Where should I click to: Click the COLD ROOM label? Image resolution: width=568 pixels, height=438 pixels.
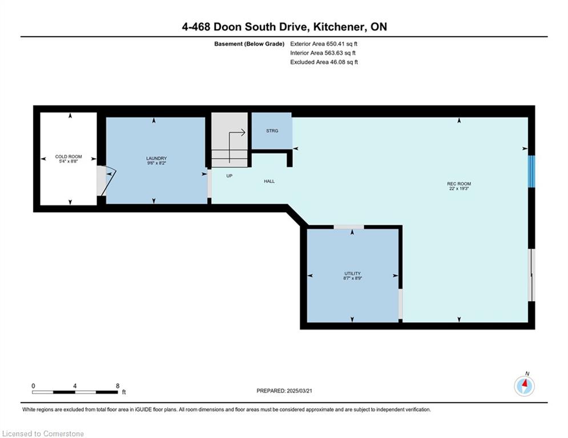coord(69,157)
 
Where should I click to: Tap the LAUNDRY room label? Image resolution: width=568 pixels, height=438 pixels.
coord(156,158)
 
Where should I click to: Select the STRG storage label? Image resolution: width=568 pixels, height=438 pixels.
coord(272,131)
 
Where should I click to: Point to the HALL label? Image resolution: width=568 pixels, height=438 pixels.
coord(269,181)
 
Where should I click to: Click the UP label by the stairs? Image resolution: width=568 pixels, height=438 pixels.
coord(229,176)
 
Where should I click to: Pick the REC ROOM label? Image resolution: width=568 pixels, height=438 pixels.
coord(459,184)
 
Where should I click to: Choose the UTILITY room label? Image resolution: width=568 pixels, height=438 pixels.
coord(352,273)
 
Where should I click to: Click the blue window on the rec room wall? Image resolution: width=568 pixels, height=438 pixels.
coord(531,172)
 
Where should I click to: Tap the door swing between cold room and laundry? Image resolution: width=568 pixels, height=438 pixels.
coord(108,181)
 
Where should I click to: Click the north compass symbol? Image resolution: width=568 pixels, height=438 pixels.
coord(525,385)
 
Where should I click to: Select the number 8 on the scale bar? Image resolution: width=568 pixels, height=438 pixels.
coord(118,386)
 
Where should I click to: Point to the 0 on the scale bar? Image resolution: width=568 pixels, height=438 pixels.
coord(33,386)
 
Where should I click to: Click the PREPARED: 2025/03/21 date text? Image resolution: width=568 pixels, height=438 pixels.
coord(284,391)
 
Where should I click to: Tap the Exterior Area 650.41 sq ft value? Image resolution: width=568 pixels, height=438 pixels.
coord(324,44)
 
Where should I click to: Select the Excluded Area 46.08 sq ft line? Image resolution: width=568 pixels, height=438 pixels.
coord(324,62)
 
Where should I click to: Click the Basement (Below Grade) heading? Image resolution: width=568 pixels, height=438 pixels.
coord(249,44)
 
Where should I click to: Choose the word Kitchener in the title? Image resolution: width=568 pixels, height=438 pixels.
coord(339,27)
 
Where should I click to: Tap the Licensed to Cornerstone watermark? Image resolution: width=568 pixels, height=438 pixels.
coord(43,433)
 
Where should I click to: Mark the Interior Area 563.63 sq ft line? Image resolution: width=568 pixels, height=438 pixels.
coord(323,53)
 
